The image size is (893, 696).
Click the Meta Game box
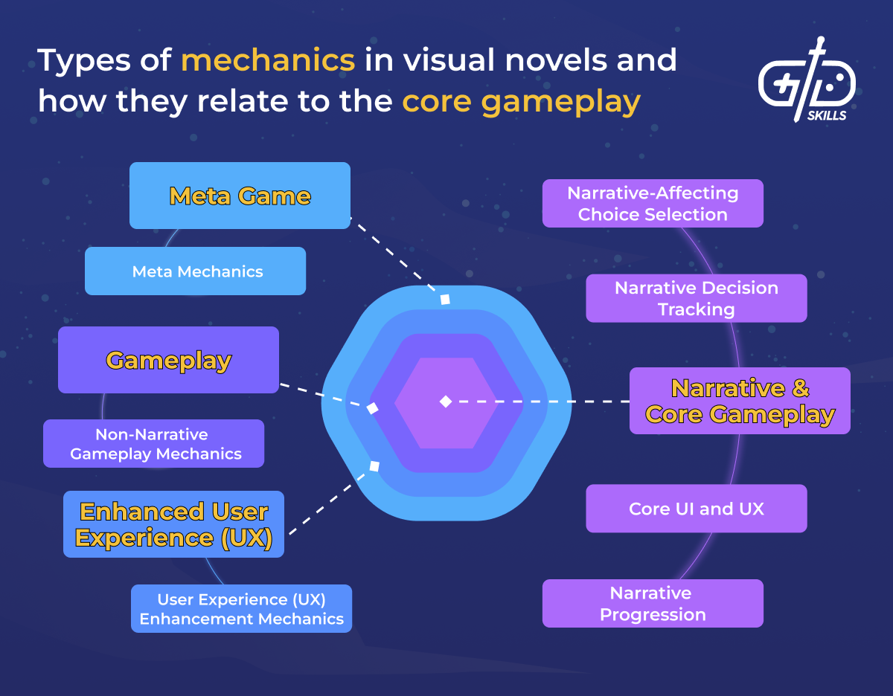(240, 196)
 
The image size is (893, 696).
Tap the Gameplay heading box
(168, 361)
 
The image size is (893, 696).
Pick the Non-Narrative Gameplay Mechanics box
(154, 444)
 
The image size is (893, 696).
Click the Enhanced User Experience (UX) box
(173, 524)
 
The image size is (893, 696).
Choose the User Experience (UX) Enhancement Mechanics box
(241, 609)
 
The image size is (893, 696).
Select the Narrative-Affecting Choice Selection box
(653, 203)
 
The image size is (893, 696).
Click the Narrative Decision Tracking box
(696, 298)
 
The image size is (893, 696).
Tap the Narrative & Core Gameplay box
(740, 401)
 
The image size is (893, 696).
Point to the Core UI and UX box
(696, 509)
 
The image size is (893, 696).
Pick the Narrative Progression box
(653, 604)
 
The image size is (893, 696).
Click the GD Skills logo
(807, 81)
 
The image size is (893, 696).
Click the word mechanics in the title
(268, 60)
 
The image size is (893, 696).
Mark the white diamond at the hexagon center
(445, 402)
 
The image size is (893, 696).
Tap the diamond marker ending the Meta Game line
(445, 300)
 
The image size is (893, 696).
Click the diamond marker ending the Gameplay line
(373, 408)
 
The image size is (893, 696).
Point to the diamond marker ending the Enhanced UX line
(374, 466)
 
